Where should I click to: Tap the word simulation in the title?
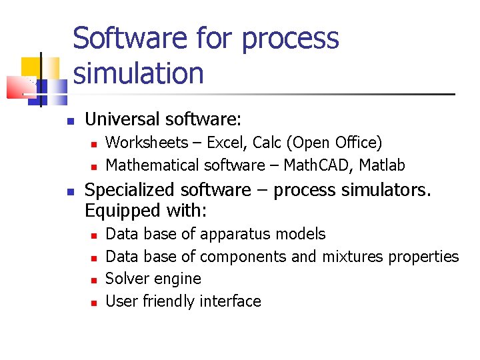pos(139,73)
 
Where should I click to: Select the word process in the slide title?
pos(290,39)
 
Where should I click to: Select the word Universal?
pos(123,120)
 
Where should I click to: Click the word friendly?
pos(168,301)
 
